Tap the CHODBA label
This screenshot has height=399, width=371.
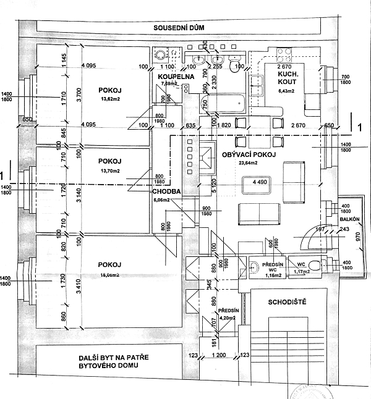[x=166, y=191]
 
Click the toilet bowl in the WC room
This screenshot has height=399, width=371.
[x=315, y=266]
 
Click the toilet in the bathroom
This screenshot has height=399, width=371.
[x=236, y=65]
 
